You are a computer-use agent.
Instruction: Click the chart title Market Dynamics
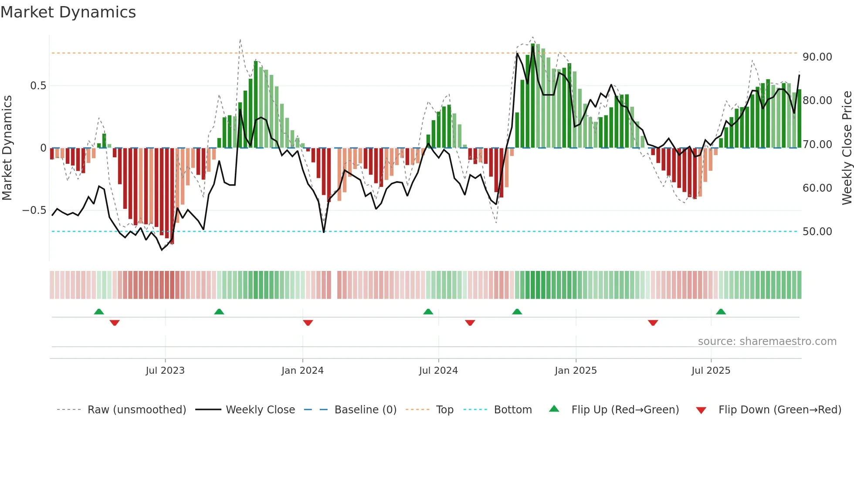68,12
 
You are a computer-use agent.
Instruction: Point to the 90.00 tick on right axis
817,57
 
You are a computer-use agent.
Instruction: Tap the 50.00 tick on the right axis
817,232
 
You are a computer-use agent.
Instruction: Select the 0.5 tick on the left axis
38,86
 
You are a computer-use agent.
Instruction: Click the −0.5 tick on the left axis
34,210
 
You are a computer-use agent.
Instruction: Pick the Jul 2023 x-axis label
165,371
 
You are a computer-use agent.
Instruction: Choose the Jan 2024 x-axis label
302,371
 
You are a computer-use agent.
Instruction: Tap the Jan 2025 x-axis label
576,371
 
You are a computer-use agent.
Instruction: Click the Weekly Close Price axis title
847,148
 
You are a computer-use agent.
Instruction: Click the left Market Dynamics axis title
7,148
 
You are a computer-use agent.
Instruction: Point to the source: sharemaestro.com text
767,341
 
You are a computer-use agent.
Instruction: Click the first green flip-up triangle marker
99,312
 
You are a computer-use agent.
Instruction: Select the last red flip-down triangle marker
653,323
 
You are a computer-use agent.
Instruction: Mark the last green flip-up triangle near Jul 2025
721,312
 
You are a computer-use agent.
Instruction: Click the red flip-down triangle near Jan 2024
308,323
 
